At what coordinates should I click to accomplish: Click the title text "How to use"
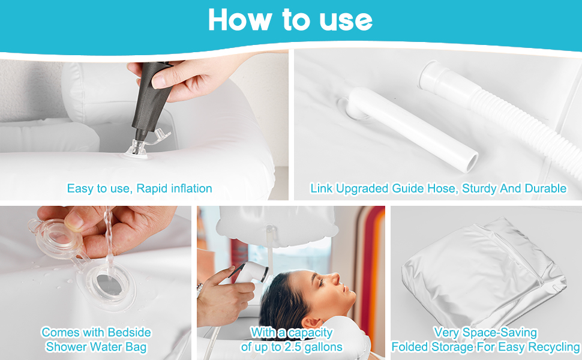pyautogui.click(x=290, y=20)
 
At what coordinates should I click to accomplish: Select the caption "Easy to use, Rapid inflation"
pyautogui.click(x=139, y=188)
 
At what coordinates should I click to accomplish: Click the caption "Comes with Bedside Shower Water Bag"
pyautogui.click(x=97, y=339)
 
